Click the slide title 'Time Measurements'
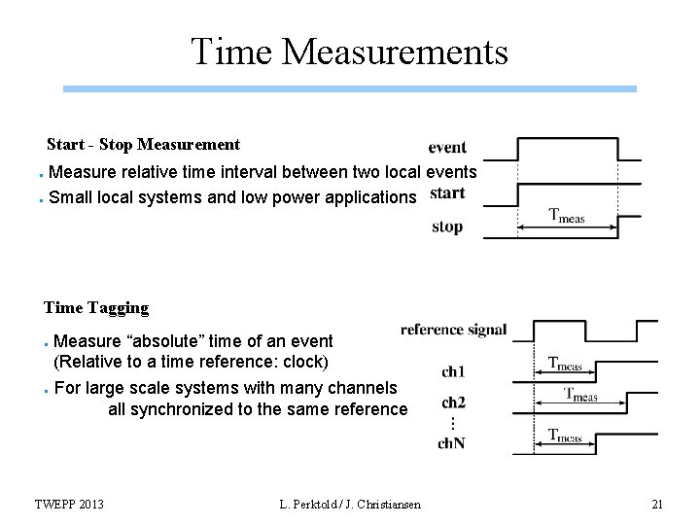[350, 52]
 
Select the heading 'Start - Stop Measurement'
[143, 145]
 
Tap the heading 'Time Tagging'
[96, 308]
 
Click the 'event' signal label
[447, 148]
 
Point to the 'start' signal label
[446, 192]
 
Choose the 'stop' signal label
[447, 227]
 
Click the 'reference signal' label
[453, 330]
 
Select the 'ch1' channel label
[453, 371]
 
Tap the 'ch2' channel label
[453, 402]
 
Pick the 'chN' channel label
[453, 444]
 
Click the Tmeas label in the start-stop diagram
[567, 217]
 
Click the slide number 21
[656, 503]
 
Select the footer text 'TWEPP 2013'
[70, 503]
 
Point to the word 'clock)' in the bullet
[305, 362]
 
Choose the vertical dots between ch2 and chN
[452, 424]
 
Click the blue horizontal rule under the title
[350, 88]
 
